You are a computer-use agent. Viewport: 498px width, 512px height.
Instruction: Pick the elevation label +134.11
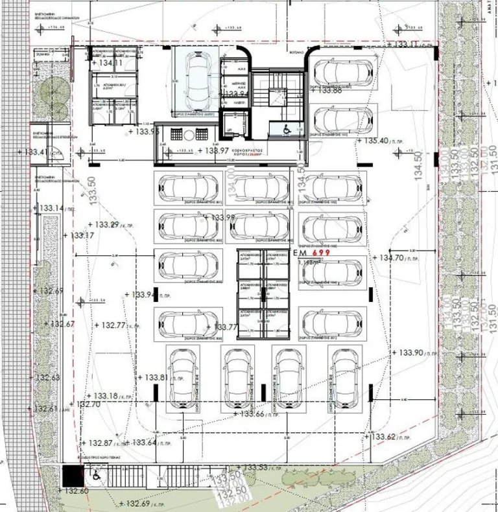click(x=107, y=63)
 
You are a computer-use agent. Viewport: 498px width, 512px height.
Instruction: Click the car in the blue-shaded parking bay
click(x=195, y=71)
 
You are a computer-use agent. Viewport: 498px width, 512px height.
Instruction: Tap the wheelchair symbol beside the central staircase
click(x=285, y=128)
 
